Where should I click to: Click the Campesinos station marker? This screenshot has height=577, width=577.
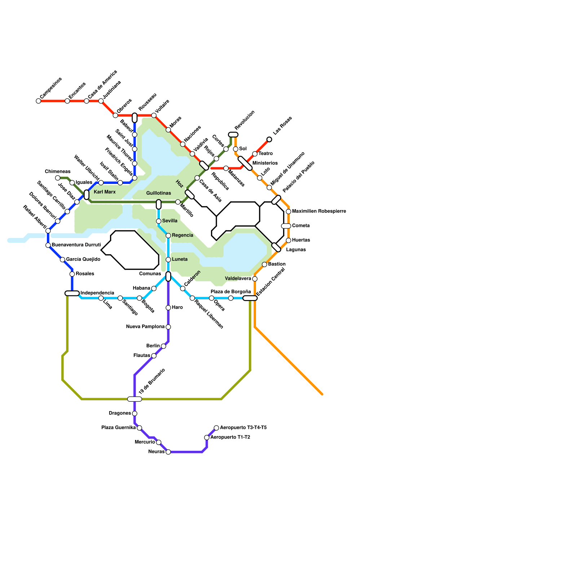(39, 101)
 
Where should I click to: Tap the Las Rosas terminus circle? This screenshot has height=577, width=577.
(269, 140)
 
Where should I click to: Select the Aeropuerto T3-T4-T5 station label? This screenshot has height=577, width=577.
(243, 428)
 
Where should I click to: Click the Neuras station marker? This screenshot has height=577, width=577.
(168, 452)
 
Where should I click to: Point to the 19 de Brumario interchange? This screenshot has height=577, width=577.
(135, 399)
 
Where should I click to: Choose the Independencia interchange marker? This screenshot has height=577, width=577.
(72, 293)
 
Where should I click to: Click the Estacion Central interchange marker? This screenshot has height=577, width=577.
(250, 298)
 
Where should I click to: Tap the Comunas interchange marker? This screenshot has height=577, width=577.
(168, 276)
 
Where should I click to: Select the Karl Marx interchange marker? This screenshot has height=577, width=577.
(87, 195)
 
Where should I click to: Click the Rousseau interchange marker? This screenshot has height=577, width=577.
(135, 118)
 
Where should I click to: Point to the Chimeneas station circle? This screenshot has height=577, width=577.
(58, 178)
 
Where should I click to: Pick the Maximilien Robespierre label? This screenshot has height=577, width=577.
(319, 211)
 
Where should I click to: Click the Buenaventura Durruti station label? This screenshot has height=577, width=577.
(76, 245)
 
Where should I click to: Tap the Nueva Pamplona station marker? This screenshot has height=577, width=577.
(168, 327)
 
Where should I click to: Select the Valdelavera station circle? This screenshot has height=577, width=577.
(255, 279)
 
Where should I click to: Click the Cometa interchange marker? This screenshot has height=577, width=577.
(286, 226)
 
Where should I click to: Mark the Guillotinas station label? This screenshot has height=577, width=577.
(159, 193)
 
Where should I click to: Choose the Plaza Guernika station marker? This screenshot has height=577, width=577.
(140, 428)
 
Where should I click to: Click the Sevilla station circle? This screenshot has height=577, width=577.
(159, 221)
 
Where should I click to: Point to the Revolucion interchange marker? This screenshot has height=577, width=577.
(233, 135)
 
